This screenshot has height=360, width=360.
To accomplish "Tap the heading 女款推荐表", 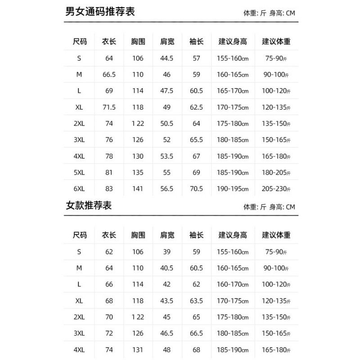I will pos(89,206).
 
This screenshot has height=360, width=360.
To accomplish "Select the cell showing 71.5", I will pos(109,107).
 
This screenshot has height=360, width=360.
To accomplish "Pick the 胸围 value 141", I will pos(138,189).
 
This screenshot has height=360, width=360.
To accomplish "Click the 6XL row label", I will pos(79,189).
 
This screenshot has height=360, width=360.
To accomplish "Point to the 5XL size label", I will pos(79,173).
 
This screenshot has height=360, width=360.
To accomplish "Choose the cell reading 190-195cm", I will pos(233,189).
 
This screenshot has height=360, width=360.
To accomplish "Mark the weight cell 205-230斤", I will pos(276,189).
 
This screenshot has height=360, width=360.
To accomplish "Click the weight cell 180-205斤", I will pos(276,173).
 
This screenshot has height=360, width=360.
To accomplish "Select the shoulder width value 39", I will pos(167,252).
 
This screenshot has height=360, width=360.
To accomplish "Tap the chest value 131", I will pos(138,350).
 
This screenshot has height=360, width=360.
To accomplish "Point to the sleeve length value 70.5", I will pos(196,189).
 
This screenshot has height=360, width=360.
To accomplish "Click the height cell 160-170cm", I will pos(233,284).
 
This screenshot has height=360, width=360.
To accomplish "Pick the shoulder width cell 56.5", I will pos(167,189).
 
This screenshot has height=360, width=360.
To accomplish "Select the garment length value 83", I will pos(109,189).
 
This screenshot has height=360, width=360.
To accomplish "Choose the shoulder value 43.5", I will pos(167,301).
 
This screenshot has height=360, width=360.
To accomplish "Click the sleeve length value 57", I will pos(196,58).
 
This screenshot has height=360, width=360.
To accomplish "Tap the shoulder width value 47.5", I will pos(167,91).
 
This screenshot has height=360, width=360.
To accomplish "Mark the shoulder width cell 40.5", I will pos(167,268).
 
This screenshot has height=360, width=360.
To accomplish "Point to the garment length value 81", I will pos(109,173).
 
